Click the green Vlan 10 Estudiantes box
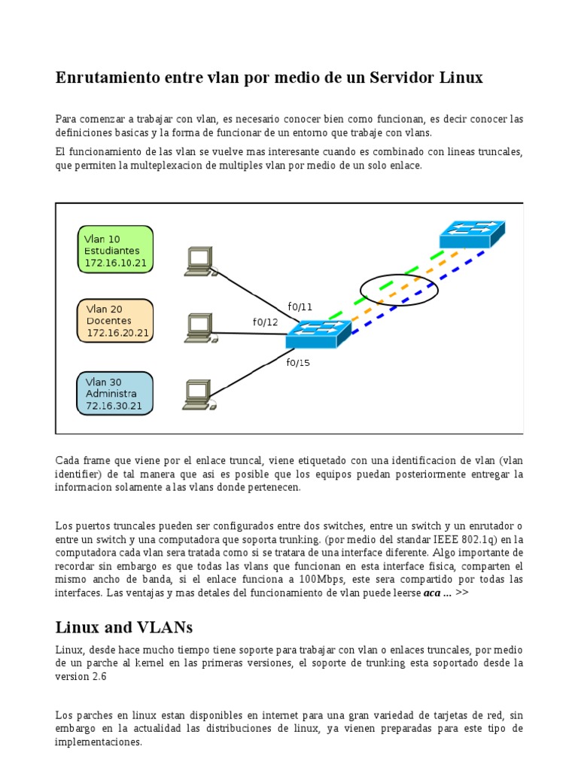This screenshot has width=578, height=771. (x=115, y=249)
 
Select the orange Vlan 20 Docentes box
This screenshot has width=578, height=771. (x=115, y=320)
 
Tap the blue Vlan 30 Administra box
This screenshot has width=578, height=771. (x=114, y=393)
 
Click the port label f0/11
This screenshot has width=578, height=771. (x=300, y=306)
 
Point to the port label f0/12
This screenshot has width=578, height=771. (x=265, y=322)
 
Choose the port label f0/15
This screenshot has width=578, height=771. (x=298, y=362)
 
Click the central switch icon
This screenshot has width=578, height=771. (x=318, y=333)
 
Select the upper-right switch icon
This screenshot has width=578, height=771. (x=472, y=234)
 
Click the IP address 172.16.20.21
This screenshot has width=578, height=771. (x=117, y=333)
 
